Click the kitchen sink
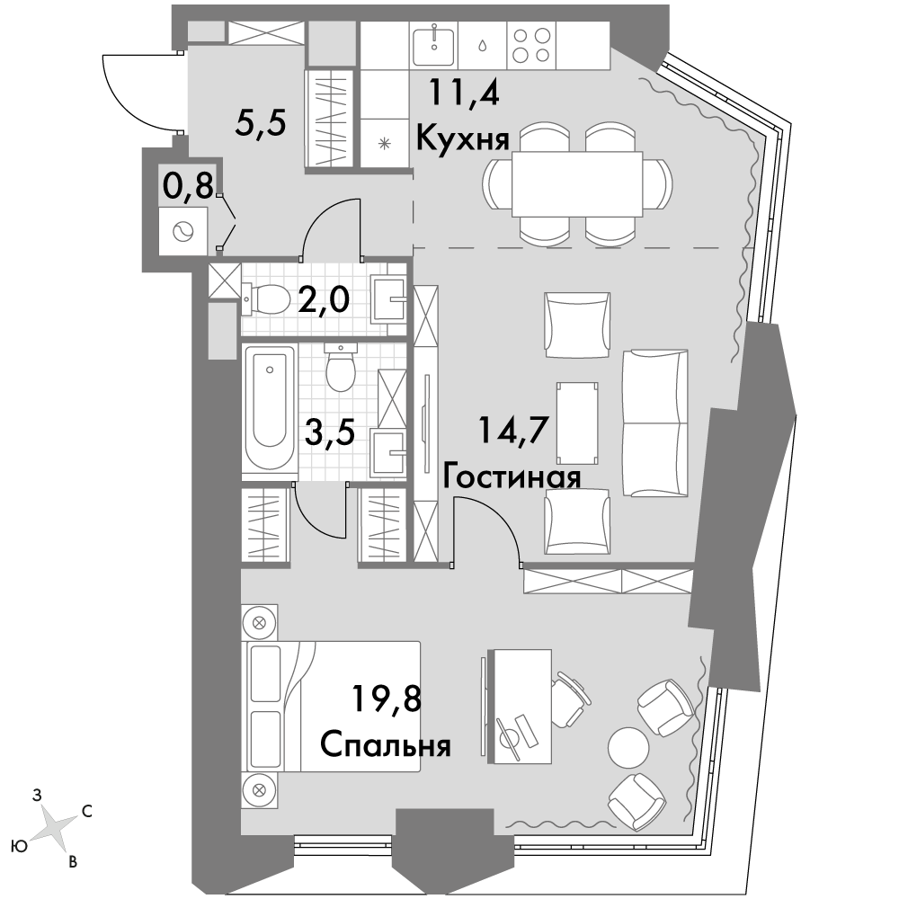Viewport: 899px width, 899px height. (x=434, y=45)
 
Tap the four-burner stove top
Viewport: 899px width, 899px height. (x=531, y=46)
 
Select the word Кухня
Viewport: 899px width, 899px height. (x=463, y=139)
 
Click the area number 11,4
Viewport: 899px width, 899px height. (x=465, y=93)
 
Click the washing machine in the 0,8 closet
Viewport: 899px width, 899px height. (x=182, y=231)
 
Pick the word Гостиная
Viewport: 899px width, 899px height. (x=512, y=477)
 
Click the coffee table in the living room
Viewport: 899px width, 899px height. (x=578, y=423)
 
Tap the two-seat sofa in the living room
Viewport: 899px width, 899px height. (x=655, y=423)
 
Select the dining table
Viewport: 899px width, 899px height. (x=577, y=184)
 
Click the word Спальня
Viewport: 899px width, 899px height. (x=386, y=746)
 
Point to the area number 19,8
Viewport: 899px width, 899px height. (x=387, y=699)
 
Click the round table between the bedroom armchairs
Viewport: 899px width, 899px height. (x=628, y=748)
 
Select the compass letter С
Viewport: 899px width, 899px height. (x=87, y=811)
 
